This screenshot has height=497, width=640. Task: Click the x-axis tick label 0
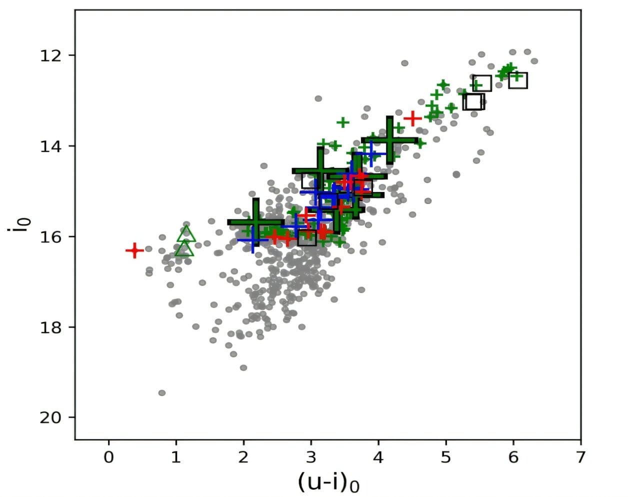(108, 457)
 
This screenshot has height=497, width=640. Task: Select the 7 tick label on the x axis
(580, 457)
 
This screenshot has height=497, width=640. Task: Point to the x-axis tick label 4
(378, 457)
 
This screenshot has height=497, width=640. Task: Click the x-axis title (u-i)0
(328, 482)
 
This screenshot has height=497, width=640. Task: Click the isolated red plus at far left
(134, 250)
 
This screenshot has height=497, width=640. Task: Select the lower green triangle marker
(184, 248)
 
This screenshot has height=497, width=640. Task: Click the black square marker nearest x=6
(518, 80)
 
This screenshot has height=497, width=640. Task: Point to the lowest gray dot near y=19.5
(162, 393)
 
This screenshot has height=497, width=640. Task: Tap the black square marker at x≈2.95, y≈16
(307, 238)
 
